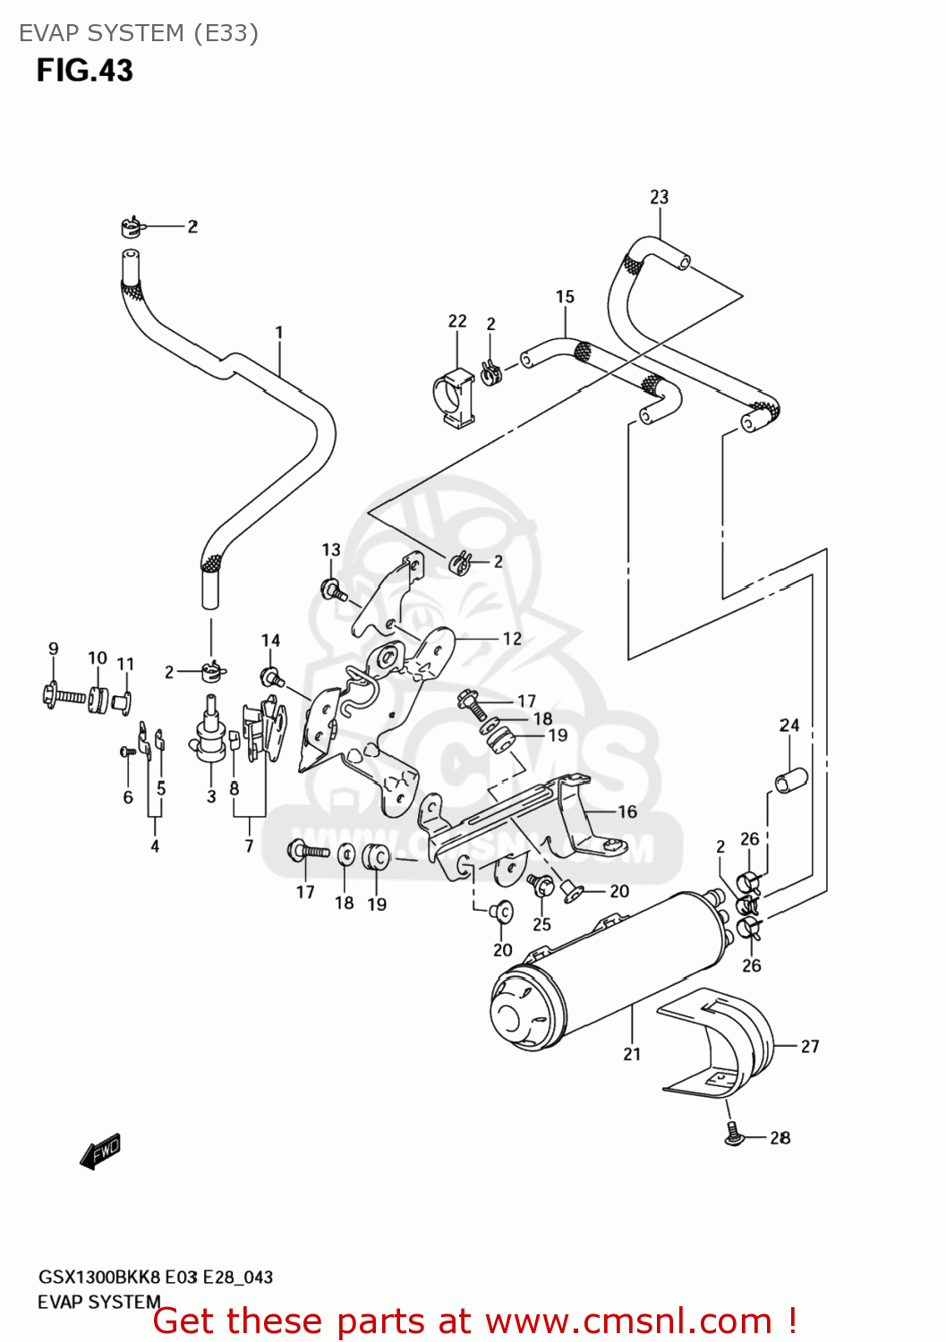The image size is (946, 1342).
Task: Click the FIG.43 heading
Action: click(84, 71)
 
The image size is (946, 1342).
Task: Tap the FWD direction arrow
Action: click(99, 1151)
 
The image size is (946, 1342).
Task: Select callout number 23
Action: click(659, 197)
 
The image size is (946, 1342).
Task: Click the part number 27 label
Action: click(809, 1046)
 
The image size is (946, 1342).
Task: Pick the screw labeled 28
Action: click(731, 1134)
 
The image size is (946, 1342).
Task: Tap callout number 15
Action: click(565, 297)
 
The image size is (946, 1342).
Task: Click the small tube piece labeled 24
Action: click(790, 780)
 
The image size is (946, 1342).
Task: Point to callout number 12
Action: click(512, 639)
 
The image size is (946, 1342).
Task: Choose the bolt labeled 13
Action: click(332, 589)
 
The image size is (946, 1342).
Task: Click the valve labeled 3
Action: click(211, 733)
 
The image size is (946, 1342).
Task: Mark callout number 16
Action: click(627, 811)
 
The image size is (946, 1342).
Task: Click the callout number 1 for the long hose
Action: click(279, 333)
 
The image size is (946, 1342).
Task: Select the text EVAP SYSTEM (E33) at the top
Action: click(139, 33)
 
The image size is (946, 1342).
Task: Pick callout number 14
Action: click(270, 641)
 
